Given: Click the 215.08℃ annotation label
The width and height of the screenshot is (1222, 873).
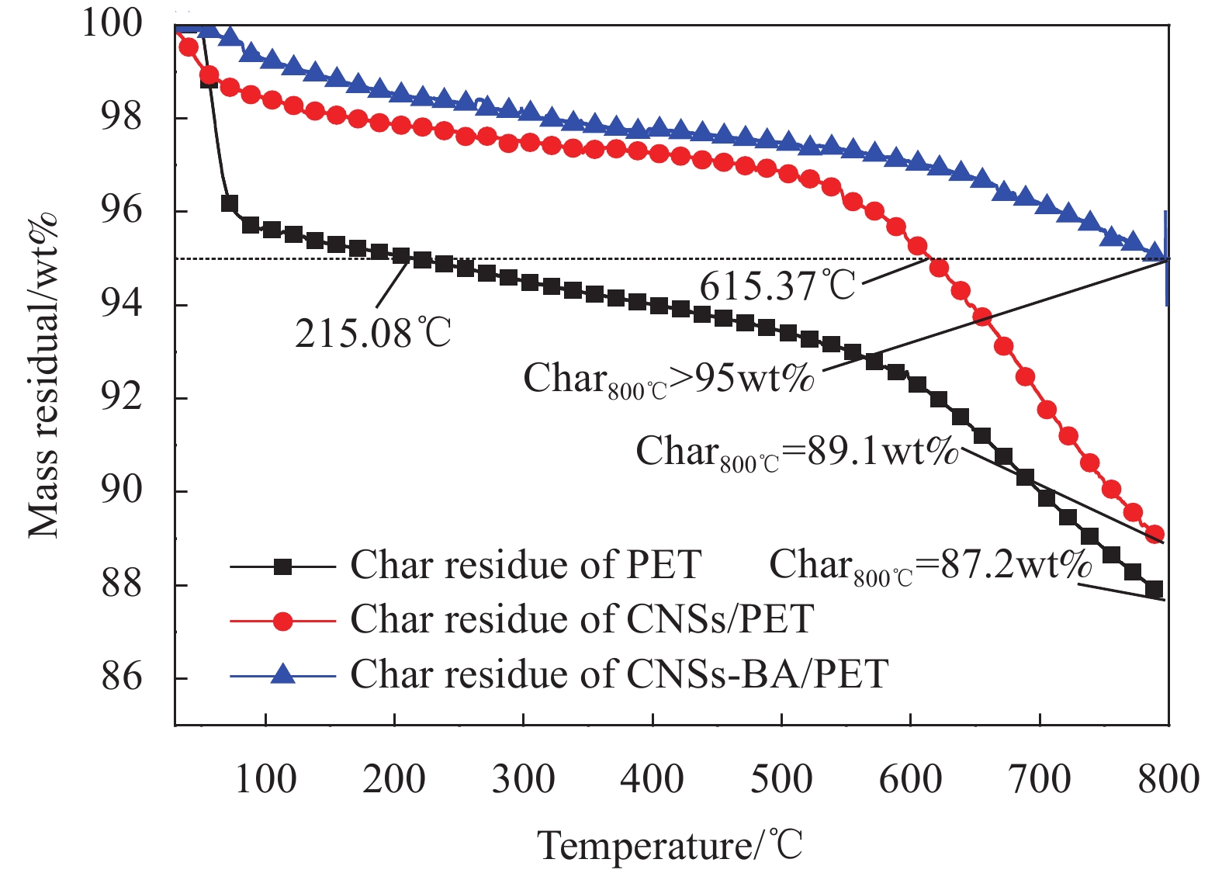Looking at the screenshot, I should (373, 334).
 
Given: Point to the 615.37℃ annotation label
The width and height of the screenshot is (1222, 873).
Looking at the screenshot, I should (777, 286).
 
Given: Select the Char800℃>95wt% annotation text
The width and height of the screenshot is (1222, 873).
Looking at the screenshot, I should (669, 379).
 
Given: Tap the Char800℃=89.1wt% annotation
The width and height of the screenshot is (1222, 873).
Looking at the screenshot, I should (798, 452).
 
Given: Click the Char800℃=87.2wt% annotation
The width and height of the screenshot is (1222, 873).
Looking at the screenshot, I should (930, 565).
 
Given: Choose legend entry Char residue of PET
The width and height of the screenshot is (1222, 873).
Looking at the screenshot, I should (525, 565).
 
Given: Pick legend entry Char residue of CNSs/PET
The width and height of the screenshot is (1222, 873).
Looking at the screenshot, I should (582, 619).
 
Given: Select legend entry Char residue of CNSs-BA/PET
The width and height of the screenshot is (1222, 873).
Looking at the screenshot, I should (619, 674).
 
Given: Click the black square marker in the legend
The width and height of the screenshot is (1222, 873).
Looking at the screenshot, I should (283, 566).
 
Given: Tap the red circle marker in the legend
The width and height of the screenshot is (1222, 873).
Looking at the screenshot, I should (283, 621).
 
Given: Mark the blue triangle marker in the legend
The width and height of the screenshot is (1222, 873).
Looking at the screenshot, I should (283, 674).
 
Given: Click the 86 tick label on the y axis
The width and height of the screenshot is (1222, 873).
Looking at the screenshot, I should (122, 677).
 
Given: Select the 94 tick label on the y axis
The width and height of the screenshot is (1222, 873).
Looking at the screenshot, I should (122, 304).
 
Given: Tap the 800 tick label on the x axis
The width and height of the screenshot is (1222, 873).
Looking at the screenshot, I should (1168, 779).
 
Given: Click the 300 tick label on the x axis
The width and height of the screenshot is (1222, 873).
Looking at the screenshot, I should (524, 779).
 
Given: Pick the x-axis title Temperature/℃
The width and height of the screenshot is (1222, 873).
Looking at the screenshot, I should (670, 845).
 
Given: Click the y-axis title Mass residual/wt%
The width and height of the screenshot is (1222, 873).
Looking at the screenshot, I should (43, 375).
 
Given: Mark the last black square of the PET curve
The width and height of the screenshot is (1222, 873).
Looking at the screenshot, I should (1154, 590).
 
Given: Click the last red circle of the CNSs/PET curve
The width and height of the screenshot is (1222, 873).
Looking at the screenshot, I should (1154, 534).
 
